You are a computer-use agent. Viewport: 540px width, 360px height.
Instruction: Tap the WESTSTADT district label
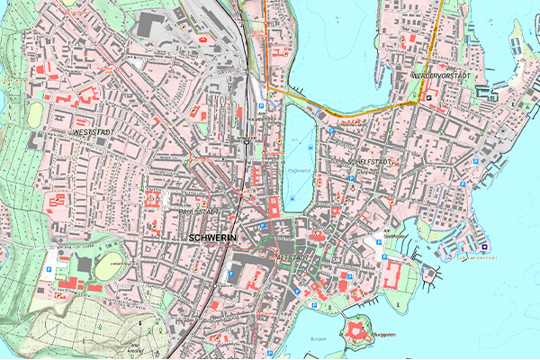point(85,132)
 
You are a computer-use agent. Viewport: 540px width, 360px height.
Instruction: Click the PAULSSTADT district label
point(200,211)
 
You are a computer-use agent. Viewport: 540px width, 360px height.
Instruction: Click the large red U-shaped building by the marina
point(395,274)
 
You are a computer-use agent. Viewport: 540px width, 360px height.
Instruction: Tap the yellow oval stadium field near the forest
point(107,265)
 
